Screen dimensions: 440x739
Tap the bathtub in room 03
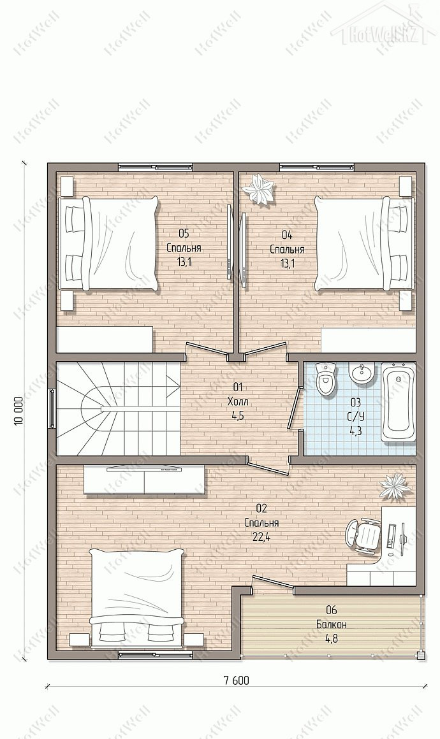[398, 402]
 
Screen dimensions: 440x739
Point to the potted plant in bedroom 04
[258, 189]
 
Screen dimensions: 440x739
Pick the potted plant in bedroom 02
[395, 487]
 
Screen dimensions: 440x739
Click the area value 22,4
[261, 537]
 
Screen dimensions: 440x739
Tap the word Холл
[237, 401]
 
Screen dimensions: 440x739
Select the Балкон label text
[332, 624]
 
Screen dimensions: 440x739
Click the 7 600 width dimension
[236, 680]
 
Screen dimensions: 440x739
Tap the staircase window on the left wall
[52, 408]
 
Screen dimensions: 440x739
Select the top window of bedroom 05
[155, 167]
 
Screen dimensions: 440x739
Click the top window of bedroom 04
[316, 167]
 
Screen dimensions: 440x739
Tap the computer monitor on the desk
[402, 538]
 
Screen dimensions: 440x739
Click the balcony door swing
[274, 582]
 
